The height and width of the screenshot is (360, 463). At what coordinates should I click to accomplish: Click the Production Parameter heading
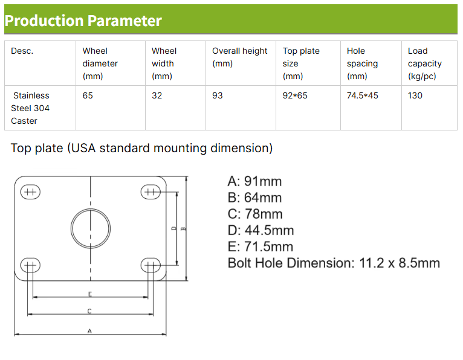click(x=83, y=21)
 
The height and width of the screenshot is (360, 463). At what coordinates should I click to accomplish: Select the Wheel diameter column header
click(x=100, y=63)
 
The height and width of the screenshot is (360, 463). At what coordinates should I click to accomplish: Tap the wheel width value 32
click(x=157, y=95)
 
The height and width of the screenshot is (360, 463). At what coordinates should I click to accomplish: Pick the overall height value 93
click(x=218, y=95)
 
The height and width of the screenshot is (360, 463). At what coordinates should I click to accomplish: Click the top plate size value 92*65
click(x=295, y=95)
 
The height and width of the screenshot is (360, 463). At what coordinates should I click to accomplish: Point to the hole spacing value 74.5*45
click(x=362, y=95)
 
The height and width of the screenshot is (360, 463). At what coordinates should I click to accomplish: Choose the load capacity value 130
click(x=415, y=95)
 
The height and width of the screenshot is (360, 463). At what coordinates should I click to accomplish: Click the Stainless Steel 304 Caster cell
click(x=30, y=108)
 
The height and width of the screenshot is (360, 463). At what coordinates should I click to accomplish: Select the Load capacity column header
click(x=424, y=63)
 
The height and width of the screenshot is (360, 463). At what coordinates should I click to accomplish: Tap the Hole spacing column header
click(x=362, y=63)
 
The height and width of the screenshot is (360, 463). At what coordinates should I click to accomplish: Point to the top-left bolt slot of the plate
click(x=30, y=192)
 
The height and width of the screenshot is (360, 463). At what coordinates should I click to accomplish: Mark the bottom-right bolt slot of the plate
click(x=151, y=266)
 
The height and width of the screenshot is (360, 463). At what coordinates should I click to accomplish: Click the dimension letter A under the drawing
click(x=89, y=331)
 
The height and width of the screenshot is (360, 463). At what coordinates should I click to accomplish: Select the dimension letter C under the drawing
click(x=89, y=311)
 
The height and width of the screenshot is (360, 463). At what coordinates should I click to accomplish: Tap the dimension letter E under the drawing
click(x=90, y=294)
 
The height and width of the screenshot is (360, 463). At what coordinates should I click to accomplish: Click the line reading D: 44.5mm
click(x=261, y=231)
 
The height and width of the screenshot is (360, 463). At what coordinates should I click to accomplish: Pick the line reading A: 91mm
click(x=254, y=181)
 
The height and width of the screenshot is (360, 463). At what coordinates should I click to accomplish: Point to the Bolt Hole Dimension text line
click(x=334, y=263)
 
